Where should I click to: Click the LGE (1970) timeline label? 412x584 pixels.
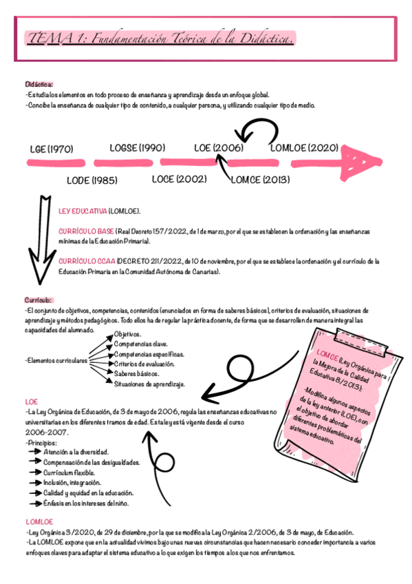[51, 149]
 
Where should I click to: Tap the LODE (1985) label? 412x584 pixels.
[91, 180]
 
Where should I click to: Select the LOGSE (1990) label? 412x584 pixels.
[138, 147]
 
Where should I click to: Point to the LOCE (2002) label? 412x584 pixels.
[179, 179]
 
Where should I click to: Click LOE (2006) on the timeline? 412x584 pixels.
[219, 147]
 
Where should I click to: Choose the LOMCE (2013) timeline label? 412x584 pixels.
[260, 179]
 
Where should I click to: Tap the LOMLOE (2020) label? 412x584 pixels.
[304, 147]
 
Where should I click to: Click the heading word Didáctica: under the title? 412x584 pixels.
[39, 84]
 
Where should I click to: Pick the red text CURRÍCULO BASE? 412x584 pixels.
[86, 231]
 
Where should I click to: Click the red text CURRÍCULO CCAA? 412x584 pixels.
[86, 262]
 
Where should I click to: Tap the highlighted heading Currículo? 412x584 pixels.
[38, 300]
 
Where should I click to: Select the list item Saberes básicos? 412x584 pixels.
[137, 373]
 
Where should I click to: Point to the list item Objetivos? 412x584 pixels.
[129, 334]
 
